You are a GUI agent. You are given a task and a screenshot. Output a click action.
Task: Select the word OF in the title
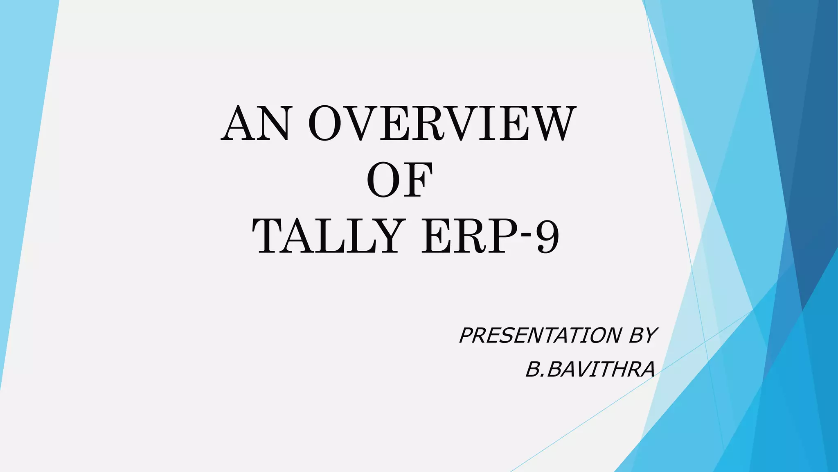click(x=399, y=180)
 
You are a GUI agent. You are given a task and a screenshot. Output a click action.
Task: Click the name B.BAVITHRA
click(x=590, y=370)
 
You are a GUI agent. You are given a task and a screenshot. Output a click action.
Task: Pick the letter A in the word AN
click(x=239, y=123)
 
